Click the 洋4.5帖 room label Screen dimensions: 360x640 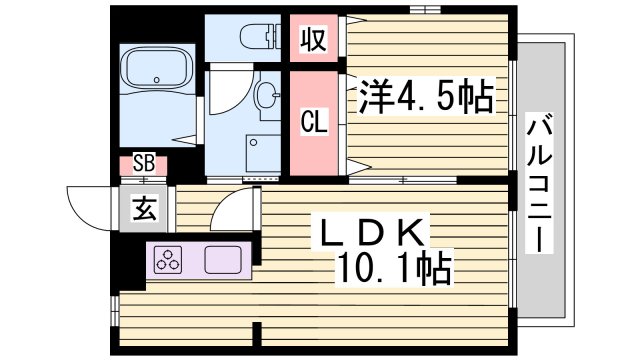424,98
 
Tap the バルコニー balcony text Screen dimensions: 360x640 545,186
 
